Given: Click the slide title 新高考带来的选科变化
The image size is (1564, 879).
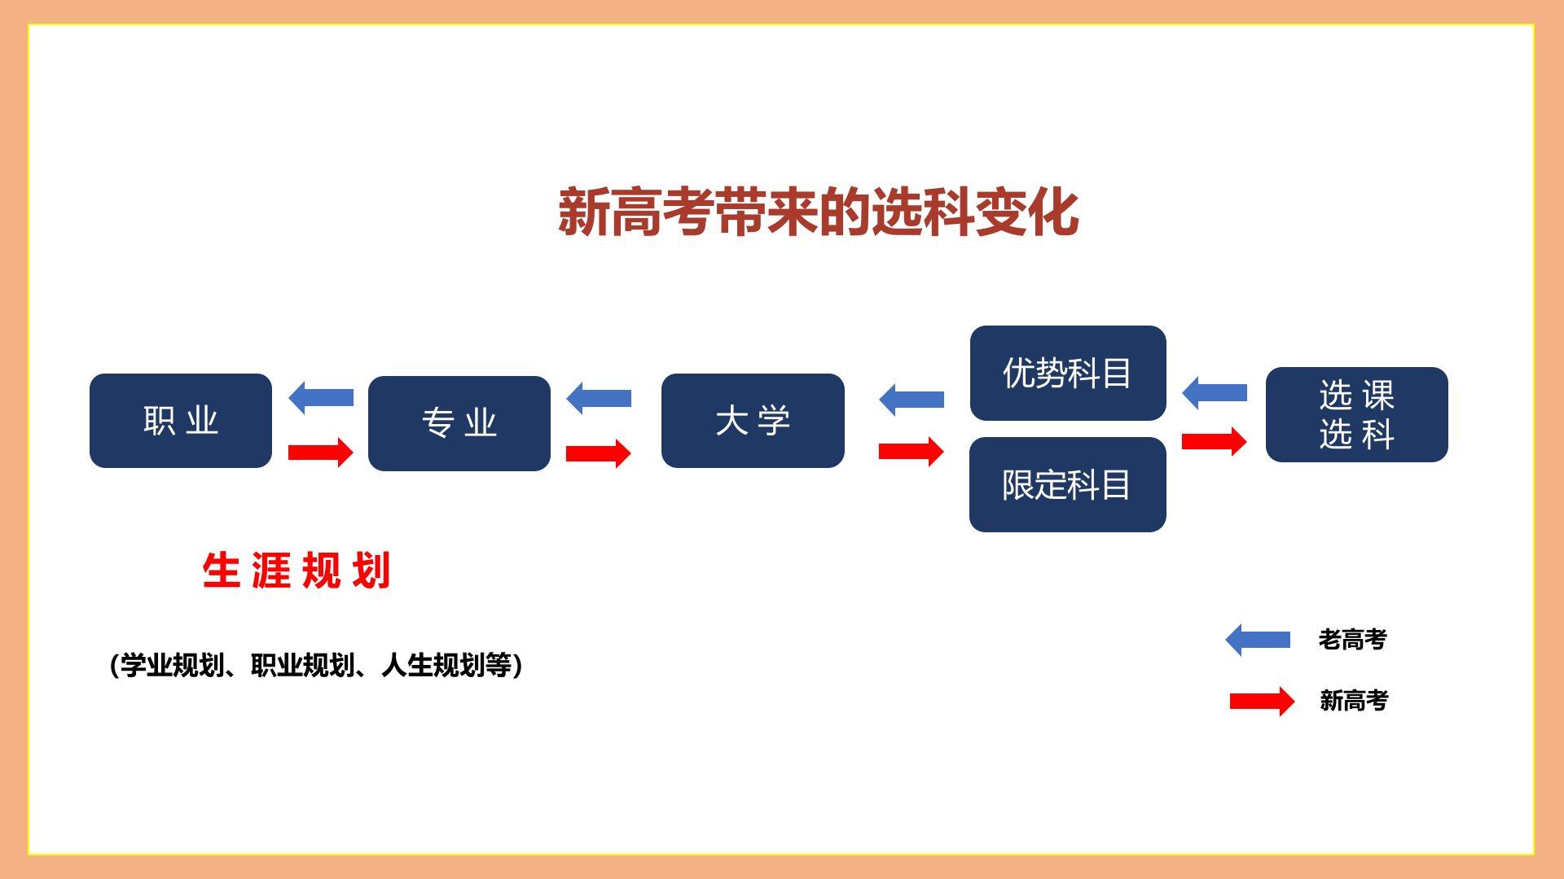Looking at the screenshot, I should [x=818, y=213].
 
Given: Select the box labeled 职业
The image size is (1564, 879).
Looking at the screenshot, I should [x=181, y=421].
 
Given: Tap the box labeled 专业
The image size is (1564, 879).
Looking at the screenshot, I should [x=459, y=423].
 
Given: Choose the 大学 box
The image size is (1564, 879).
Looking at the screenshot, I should [x=753, y=421].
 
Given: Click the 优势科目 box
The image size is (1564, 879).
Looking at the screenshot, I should [x=1067, y=374].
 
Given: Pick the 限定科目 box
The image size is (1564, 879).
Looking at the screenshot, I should [x=1067, y=485].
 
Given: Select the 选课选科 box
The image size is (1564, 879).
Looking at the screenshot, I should [x=1356, y=415].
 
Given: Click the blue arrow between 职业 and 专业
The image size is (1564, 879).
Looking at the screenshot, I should [x=321, y=398].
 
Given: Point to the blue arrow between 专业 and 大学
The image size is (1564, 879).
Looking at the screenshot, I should [x=599, y=398].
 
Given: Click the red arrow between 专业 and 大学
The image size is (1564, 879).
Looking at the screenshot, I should [x=599, y=453].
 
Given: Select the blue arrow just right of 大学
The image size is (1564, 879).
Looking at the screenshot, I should [x=912, y=400].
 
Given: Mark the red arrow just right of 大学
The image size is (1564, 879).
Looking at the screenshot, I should [x=912, y=451].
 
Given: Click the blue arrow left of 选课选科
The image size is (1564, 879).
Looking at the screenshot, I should [x=1215, y=393].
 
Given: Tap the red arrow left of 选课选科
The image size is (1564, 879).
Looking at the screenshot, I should [x=1215, y=441].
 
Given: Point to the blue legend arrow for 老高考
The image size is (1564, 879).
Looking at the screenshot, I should [x=1258, y=640].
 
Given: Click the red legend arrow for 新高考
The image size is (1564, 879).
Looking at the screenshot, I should [x=1262, y=701].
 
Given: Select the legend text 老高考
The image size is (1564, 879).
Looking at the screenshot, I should [x=1352, y=640].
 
